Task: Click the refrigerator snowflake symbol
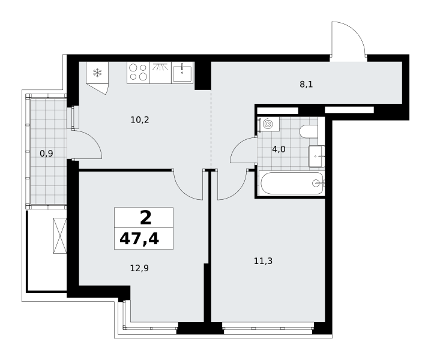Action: (97, 73)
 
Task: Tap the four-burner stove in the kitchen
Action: (138, 73)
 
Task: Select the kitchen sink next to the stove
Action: (182, 73)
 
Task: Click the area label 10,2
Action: (140, 120)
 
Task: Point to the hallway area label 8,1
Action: (306, 84)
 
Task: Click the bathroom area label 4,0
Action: (279, 149)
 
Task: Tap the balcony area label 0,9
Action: (46, 154)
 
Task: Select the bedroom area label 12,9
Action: (139, 268)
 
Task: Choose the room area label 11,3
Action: (263, 261)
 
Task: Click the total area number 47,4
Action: (139, 239)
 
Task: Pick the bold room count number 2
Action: (146, 218)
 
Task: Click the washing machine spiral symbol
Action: (268, 124)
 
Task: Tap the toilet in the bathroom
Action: (309, 131)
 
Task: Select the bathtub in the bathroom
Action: (292, 183)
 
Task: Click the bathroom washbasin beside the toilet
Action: (316, 157)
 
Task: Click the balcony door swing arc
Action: (95, 139)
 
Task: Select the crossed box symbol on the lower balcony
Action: (60, 236)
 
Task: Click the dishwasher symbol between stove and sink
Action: (160, 73)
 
